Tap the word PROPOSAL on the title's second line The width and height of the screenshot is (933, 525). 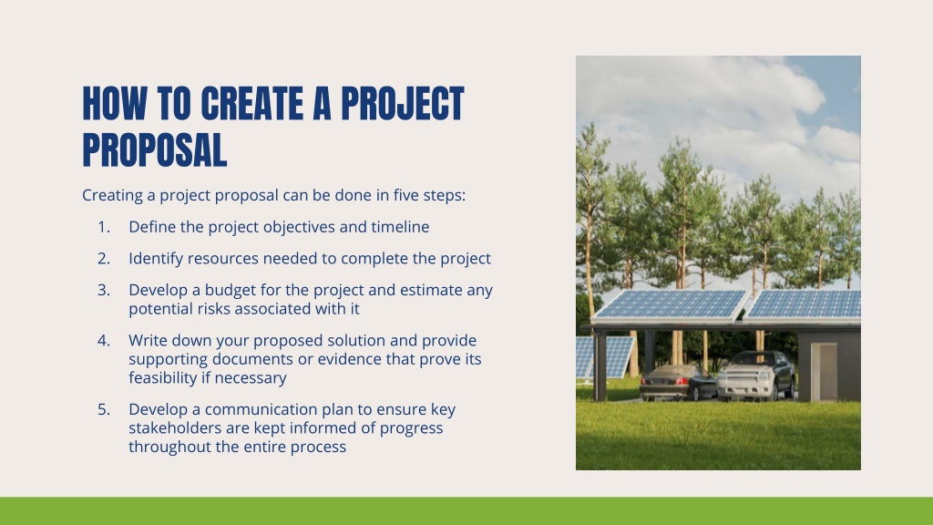(155, 150)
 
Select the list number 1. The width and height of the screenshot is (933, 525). (104, 227)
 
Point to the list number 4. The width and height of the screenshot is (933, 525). (104, 341)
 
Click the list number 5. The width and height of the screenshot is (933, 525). (104, 409)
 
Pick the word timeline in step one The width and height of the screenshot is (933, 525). (401, 227)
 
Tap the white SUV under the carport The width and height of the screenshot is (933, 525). (755, 376)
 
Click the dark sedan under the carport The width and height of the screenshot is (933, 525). (678, 383)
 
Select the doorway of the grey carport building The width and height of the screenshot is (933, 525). (824, 372)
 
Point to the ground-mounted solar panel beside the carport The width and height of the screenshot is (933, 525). (604, 357)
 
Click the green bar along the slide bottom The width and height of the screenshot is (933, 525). (466, 510)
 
